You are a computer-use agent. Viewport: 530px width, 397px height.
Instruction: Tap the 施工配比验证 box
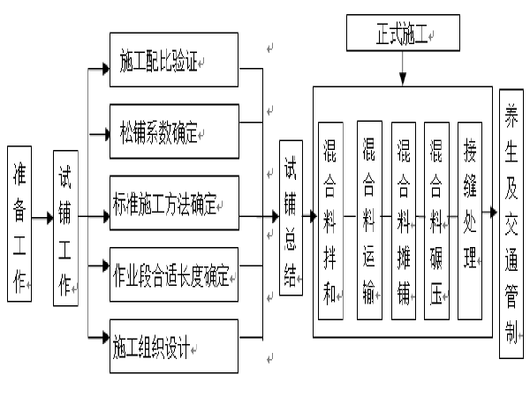pyautogui.click(x=174, y=60)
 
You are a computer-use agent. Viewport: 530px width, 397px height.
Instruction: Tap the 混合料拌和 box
pyautogui.click(x=330, y=220)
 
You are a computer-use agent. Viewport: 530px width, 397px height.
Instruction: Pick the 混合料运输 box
pyautogui.click(x=368, y=220)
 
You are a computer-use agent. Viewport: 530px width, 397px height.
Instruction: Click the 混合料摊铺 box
pyautogui.click(x=404, y=220)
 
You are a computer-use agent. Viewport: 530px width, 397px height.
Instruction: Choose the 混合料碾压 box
pyautogui.click(x=436, y=220)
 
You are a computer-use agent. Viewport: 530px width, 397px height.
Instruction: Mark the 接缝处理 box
pyautogui.click(x=470, y=220)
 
